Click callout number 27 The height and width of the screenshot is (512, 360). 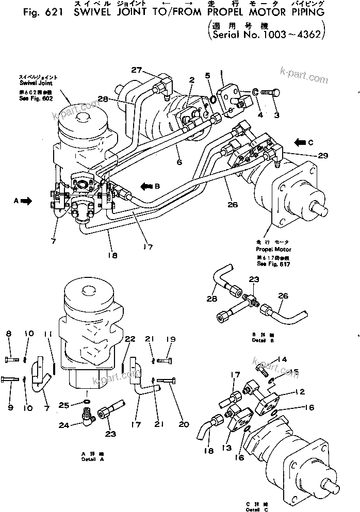(x=136, y=70)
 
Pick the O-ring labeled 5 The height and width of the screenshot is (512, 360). (x=212, y=98)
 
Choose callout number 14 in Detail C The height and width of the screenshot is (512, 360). (x=282, y=359)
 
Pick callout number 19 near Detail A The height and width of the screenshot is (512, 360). (x=171, y=339)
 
